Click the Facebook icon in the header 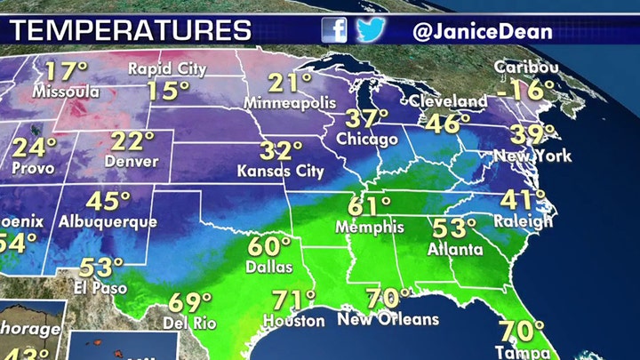tap(334, 30)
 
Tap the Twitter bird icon tap(371, 30)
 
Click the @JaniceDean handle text tap(483, 31)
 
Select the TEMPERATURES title tap(131, 31)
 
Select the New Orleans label tap(388, 319)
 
